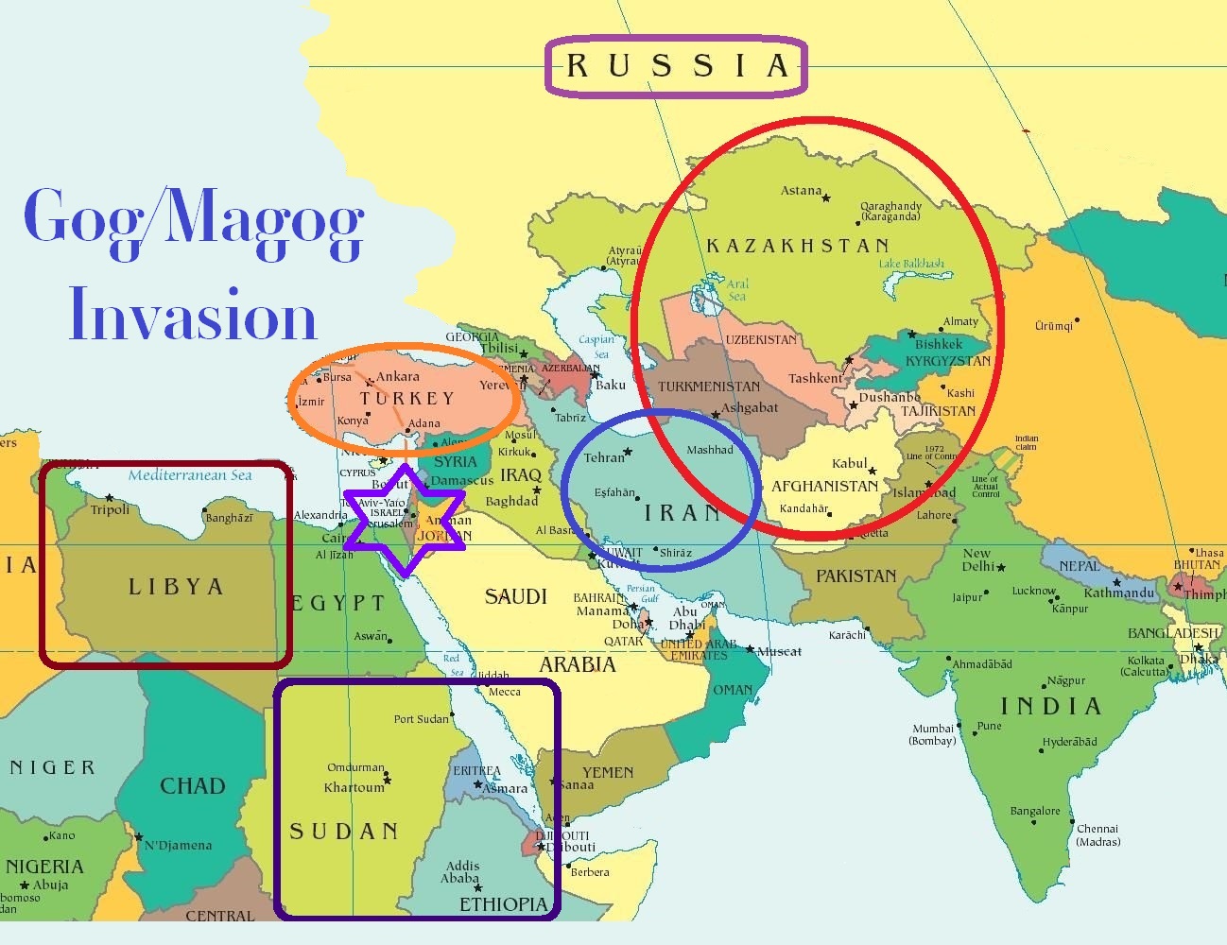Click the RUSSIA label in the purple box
click(676, 66)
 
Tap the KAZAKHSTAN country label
click(798, 246)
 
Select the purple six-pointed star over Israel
click(405, 520)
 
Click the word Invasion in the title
click(193, 316)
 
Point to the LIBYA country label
click(176, 587)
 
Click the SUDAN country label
click(344, 832)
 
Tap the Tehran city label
click(604, 457)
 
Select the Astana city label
click(801, 191)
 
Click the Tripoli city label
click(111, 510)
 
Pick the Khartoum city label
click(354, 787)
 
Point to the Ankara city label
click(398, 376)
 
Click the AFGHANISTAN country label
click(824, 486)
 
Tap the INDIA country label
click(1051, 706)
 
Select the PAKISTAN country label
click(855, 576)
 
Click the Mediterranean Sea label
click(190, 475)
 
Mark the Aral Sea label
click(737, 290)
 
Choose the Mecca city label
click(505, 692)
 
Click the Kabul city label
click(849, 463)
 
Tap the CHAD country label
click(193, 786)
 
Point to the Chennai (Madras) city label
click(1097, 834)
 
